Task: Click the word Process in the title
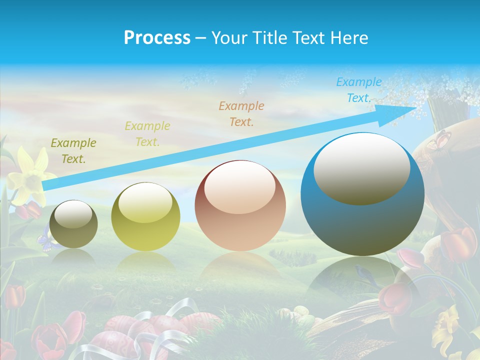click(157, 38)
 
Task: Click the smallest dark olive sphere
click(73, 224)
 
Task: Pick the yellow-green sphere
click(145, 216)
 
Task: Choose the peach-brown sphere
click(240, 205)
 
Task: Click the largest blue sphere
click(362, 194)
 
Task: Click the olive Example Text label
click(73, 151)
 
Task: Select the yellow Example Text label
click(147, 134)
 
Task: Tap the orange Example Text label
click(241, 113)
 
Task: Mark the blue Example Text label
click(359, 90)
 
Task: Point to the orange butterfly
click(439, 140)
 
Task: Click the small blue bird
click(359, 272)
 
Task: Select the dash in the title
click(200, 38)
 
